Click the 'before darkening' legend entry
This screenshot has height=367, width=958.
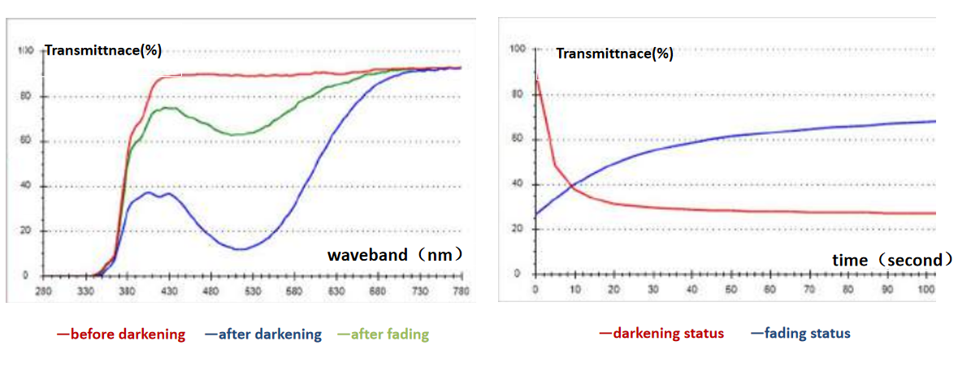tap(121, 335)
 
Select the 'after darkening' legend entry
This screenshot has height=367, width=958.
tap(263, 335)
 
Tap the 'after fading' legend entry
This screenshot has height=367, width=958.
tap(383, 335)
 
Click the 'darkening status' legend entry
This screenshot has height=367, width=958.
tap(661, 334)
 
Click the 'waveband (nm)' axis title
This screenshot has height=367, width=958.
tap(396, 255)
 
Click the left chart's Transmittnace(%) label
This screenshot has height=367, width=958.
tap(103, 50)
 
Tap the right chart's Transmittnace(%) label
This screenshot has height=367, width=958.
tap(614, 54)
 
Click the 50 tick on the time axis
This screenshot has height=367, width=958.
tap(731, 289)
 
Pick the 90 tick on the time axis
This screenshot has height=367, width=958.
tap(888, 289)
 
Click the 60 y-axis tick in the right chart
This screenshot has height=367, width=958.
tap(513, 139)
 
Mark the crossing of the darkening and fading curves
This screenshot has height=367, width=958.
tap(574, 188)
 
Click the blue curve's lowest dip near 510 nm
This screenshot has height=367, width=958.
tap(240, 249)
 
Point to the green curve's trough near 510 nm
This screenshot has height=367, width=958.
tap(236, 134)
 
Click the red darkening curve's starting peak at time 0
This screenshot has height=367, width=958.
tap(537, 80)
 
